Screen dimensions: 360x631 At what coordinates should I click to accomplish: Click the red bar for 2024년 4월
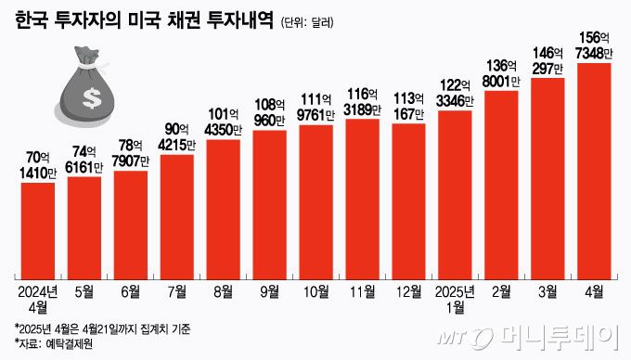(x=38, y=230)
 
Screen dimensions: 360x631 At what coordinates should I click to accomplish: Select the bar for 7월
(x=177, y=215)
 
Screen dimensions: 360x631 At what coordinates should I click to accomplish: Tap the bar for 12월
(x=408, y=200)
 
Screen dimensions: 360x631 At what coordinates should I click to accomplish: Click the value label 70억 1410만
(x=38, y=163)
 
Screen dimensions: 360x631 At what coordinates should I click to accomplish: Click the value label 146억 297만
(x=547, y=58)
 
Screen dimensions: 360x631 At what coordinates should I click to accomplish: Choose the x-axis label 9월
(x=269, y=291)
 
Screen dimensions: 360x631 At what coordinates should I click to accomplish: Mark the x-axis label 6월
(x=131, y=291)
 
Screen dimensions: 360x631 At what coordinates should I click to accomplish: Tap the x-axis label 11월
(x=362, y=291)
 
